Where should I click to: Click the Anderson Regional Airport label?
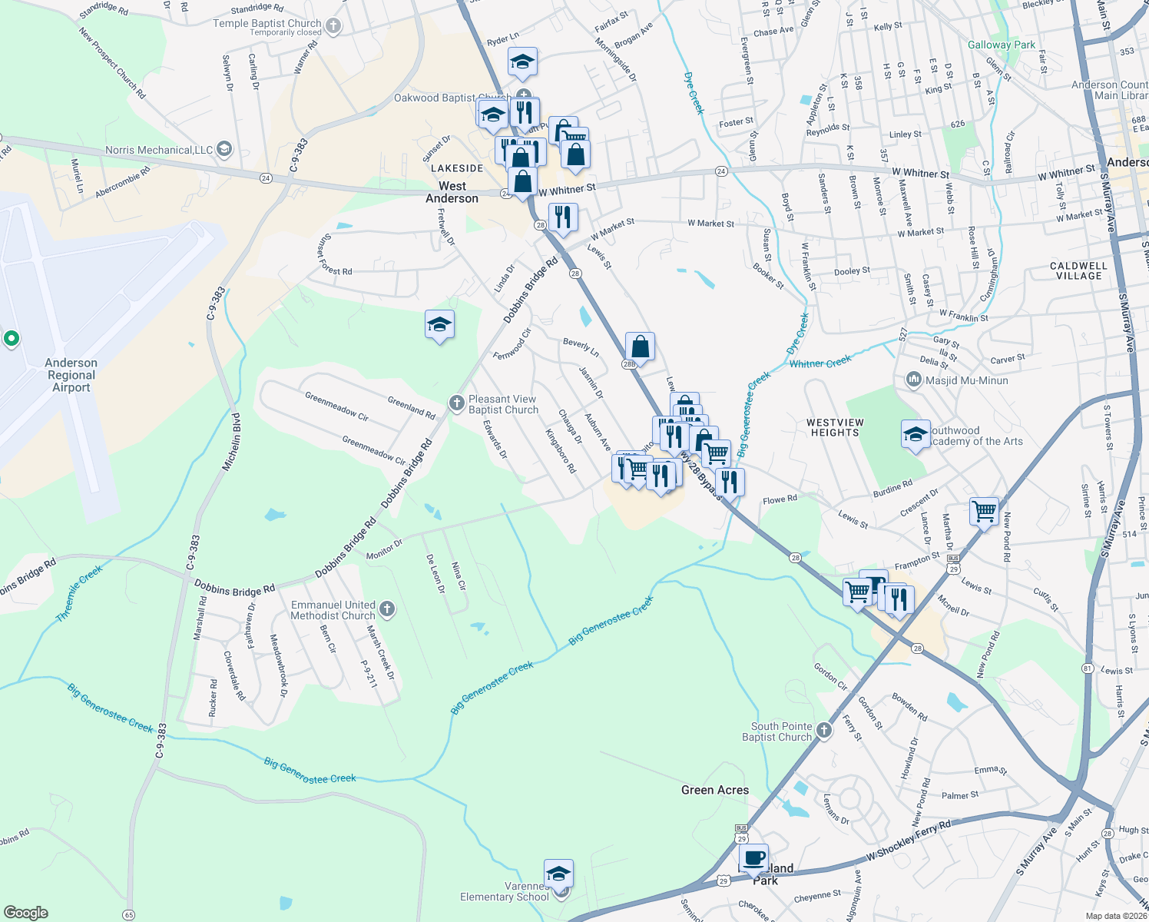71,375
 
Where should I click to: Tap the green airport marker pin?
12,338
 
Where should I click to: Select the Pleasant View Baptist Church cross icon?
457,403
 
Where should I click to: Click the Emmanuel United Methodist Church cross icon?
387,610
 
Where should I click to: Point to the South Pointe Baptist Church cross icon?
824,730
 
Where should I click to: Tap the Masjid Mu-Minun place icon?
914,380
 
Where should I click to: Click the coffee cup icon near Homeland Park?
754,857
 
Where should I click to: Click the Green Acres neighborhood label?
715,790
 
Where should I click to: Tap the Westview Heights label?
835,428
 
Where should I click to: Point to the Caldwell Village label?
1078,270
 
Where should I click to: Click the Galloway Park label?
1002,45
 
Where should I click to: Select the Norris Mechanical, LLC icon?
224,149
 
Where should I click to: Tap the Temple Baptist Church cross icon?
333,26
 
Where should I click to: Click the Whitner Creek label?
820,363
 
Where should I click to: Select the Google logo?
26,912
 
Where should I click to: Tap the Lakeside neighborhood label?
457,168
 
